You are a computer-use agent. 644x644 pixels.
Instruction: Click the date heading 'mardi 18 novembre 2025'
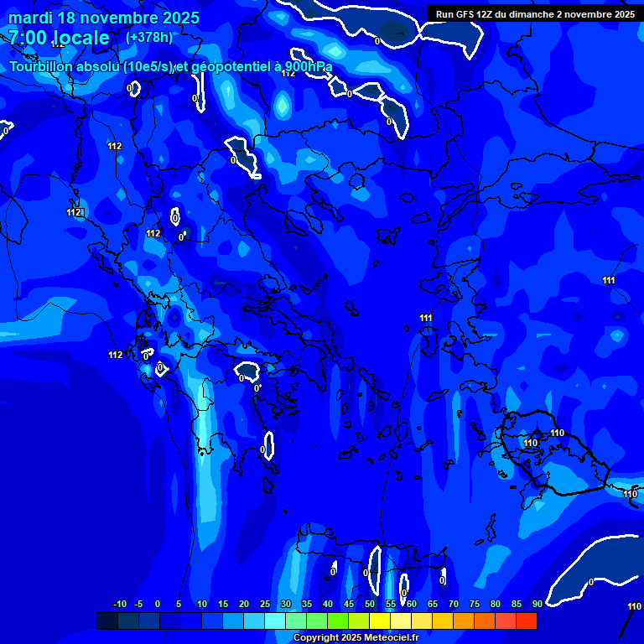click(104, 18)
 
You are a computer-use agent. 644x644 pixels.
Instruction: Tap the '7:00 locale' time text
click(59, 38)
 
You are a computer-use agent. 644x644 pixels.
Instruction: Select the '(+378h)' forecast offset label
click(149, 37)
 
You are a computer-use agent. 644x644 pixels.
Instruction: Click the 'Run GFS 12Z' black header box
click(535, 14)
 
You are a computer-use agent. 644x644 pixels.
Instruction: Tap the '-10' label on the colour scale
click(119, 604)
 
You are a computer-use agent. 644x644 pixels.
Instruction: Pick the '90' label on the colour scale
click(537, 604)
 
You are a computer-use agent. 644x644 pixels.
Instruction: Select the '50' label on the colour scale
click(370, 604)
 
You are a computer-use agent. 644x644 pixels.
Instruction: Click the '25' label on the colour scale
click(265, 604)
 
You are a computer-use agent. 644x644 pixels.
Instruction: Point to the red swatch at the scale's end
click(527, 621)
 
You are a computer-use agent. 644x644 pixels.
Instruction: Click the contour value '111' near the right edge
click(609, 280)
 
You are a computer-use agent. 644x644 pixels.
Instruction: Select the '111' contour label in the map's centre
click(426, 318)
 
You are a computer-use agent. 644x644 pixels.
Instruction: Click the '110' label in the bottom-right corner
click(634, 606)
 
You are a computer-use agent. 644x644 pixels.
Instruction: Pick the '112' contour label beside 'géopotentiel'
click(288, 74)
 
